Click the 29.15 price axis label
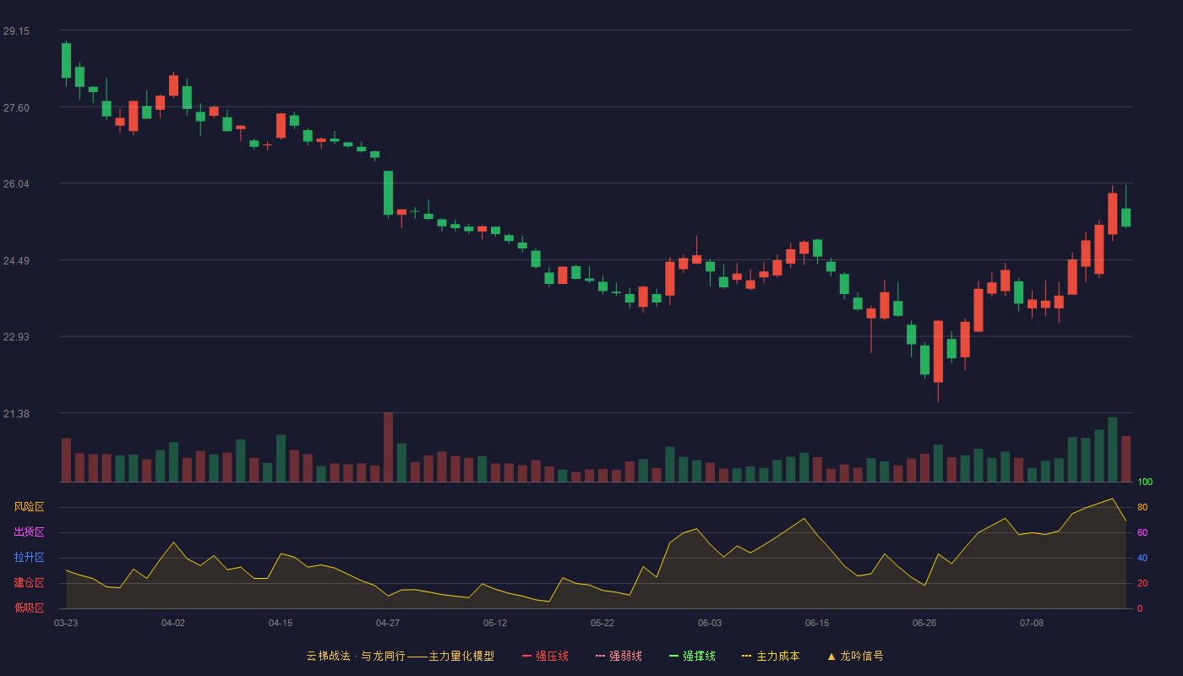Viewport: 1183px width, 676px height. pyautogui.click(x=16, y=31)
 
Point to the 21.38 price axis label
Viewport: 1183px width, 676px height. pyautogui.click(x=16, y=413)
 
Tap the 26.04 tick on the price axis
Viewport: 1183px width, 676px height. pyautogui.click(x=16, y=184)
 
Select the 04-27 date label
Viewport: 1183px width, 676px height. pyautogui.click(x=388, y=624)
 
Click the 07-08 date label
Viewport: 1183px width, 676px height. pyautogui.click(x=1032, y=624)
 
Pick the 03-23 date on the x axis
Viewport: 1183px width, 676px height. pyautogui.click(x=66, y=624)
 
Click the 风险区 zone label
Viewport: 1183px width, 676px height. pyautogui.click(x=29, y=507)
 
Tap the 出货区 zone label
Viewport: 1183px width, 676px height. pyautogui.click(x=29, y=532)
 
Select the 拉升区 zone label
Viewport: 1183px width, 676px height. pyautogui.click(x=29, y=557)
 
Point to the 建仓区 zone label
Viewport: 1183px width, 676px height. pyautogui.click(x=29, y=582)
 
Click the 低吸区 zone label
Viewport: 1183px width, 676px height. pyautogui.click(x=29, y=608)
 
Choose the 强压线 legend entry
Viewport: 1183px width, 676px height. pyautogui.click(x=545, y=656)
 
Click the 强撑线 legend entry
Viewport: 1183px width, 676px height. pyautogui.click(x=692, y=656)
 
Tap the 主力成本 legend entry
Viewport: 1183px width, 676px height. pyautogui.click(x=771, y=656)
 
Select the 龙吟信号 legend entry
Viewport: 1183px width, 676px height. pyautogui.click(x=855, y=656)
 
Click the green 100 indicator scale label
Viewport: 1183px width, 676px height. pyautogui.click(x=1145, y=482)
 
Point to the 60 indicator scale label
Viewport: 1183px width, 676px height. pyautogui.click(x=1142, y=532)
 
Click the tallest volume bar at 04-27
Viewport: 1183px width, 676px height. pyautogui.click(x=388, y=447)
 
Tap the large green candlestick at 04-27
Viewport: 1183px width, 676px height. pyautogui.click(x=388, y=193)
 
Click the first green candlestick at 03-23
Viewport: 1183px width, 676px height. pyautogui.click(x=66, y=60)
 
